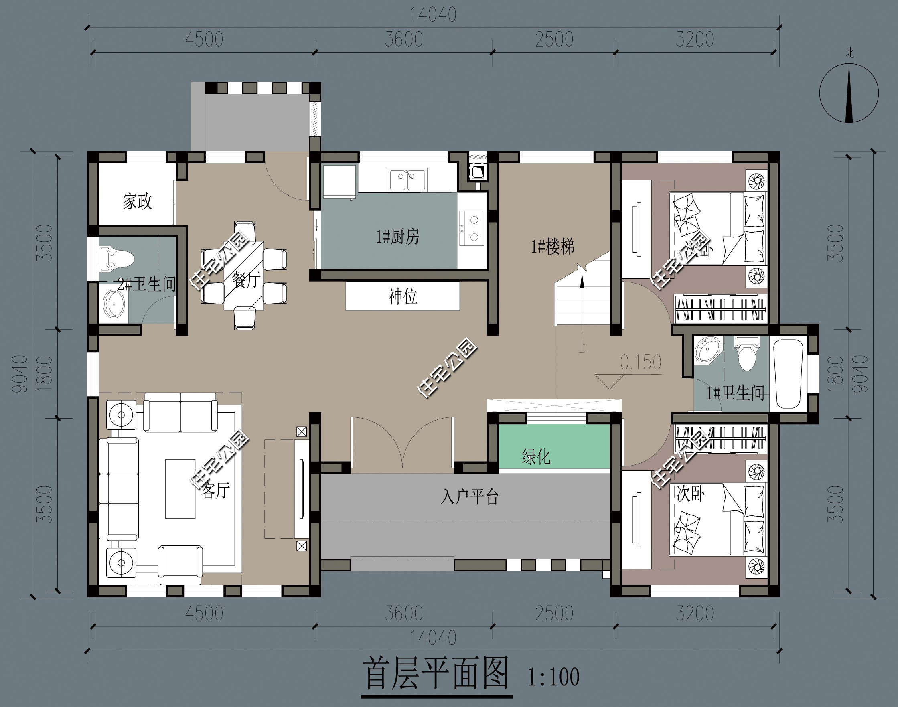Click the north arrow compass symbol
coord(849,93)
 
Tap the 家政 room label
coord(137,202)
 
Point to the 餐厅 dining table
coord(244,276)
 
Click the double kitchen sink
coord(407,180)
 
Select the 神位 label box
coord(402,296)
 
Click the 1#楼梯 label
coord(553,247)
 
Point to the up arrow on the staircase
coord(582,282)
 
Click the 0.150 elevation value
coord(641,362)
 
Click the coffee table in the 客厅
coord(180,488)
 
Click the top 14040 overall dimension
coord(433,15)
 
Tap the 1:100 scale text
coord(553,677)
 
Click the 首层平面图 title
coord(436,674)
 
